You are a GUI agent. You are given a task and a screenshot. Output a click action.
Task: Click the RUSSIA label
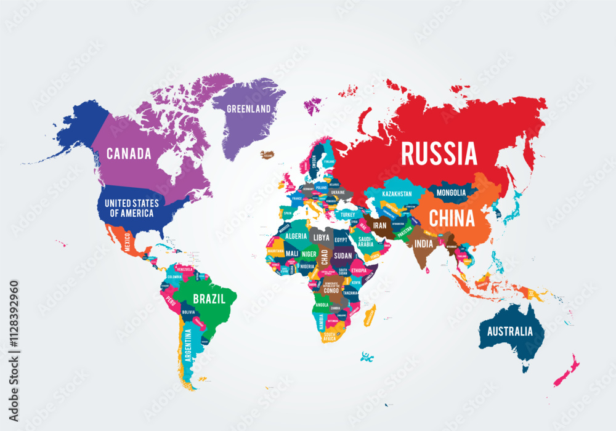pyautogui.click(x=439, y=153)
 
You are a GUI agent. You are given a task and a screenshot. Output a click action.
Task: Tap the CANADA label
pyautogui.click(x=129, y=154)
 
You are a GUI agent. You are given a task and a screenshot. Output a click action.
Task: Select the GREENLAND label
pyautogui.click(x=249, y=109)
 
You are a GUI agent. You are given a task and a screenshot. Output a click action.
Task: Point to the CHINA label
pyautogui.click(x=452, y=218)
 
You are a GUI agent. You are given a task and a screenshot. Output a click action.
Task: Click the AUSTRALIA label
pyautogui.click(x=510, y=331)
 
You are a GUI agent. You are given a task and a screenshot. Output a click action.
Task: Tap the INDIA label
pyautogui.click(x=423, y=244)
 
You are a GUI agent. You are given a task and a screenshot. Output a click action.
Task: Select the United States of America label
pyautogui.click(x=131, y=208)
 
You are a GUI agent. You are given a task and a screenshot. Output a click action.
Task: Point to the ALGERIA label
pyautogui.click(x=296, y=236)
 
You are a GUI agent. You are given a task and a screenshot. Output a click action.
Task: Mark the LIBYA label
pyautogui.click(x=322, y=237)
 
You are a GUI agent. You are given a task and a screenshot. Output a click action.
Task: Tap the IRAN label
pyautogui.click(x=379, y=226)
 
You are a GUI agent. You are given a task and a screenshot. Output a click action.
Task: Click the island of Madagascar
pyautogui.click(x=369, y=316)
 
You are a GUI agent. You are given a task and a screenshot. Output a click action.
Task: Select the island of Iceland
pyautogui.click(x=267, y=155)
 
